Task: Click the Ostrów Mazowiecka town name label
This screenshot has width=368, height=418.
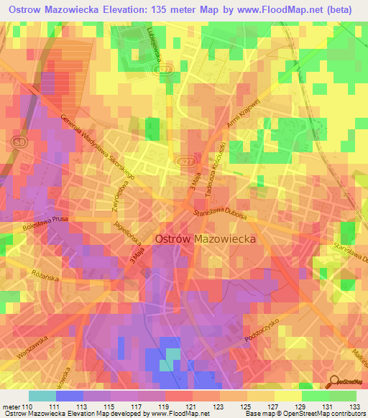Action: (206, 240)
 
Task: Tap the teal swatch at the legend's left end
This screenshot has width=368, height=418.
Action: (42, 396)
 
